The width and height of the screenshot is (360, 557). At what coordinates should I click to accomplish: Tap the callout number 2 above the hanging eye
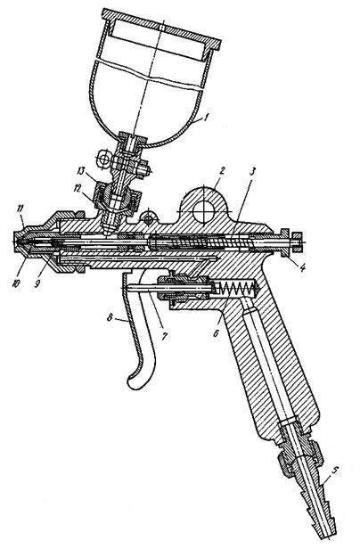[x=222, y=170]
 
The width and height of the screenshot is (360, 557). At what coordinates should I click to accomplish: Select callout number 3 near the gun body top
[x=252, y=172]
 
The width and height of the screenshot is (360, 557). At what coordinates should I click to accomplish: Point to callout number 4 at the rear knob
[x=301, y=266]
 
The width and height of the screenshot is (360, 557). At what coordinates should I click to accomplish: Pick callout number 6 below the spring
[x=217, y=332]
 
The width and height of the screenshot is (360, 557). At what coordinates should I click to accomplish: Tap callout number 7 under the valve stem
[x=164, y=336]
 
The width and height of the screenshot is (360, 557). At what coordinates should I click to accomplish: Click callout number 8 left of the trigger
[x=110, y=317]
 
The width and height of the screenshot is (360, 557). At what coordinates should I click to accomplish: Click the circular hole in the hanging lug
[x=202, y=212]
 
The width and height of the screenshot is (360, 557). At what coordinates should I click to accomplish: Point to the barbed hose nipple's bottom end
[x=324, y=537]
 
